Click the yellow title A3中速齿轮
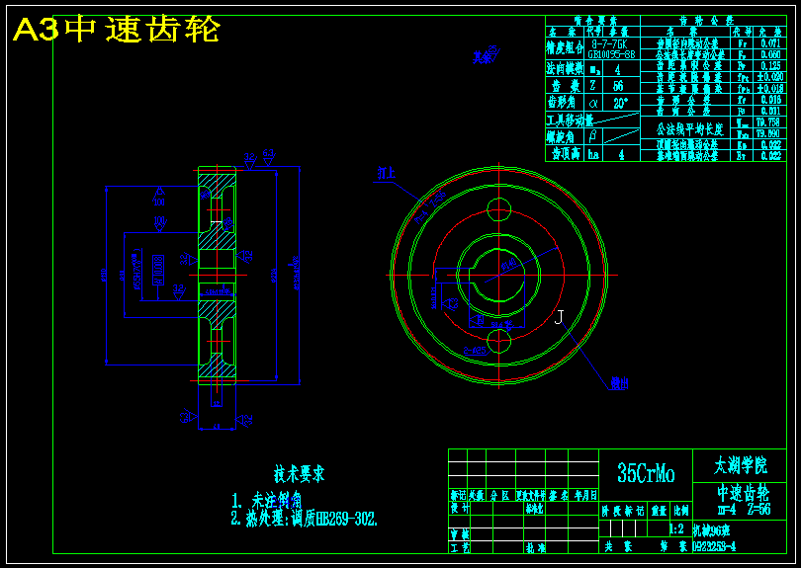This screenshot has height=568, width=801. (116, 31)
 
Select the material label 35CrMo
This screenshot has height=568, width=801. (645, 475)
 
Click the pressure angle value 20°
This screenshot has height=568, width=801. (620, 102)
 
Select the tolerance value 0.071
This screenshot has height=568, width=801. (770, 43)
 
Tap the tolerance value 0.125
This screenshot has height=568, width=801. (770, 65)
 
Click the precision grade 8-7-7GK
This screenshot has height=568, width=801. (610, 43)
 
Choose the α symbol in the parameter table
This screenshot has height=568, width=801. (593, 102)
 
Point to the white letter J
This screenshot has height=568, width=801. (559, 317)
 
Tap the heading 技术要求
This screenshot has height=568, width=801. (300, 474)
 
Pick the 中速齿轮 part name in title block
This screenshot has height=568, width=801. (744, 493)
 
